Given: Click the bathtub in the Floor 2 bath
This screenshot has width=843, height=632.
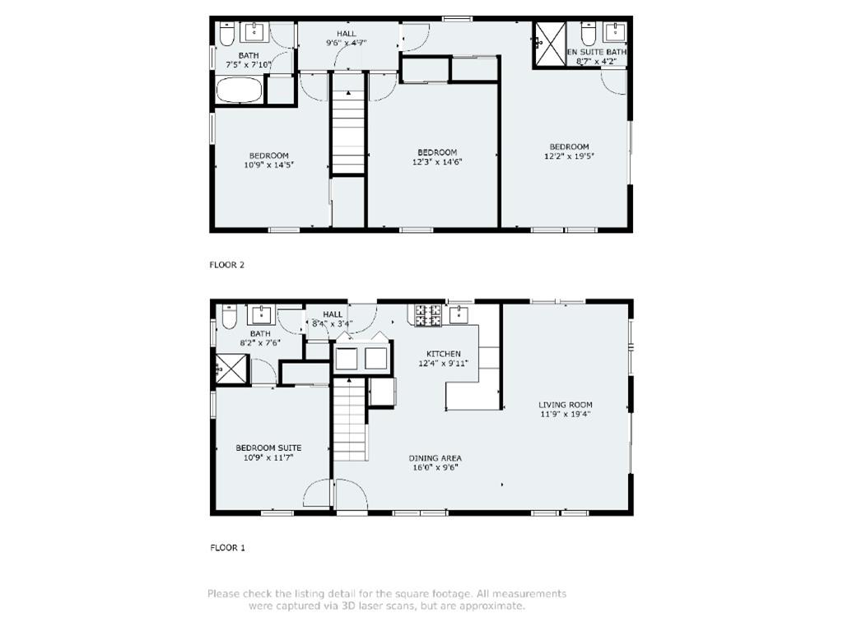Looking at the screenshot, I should click(x=240, y=90).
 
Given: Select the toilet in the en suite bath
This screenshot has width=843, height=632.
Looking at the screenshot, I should click(x=588, y=34).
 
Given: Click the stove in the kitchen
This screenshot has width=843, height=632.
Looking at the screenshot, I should click(x=427, y=314).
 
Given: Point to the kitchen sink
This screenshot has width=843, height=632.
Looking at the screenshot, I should click(x=460, y=314).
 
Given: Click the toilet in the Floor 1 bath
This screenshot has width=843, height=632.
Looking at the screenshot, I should click(x=229, y=315).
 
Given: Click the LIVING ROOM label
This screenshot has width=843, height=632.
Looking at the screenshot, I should click(x=566, y=405).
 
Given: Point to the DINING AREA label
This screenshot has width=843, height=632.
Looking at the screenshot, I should click(x=435, y=458).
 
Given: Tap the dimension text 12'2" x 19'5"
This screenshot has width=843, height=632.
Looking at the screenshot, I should click(x=569, y=156).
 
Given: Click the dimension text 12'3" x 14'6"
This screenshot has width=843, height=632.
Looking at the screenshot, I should click(x=437, y=162).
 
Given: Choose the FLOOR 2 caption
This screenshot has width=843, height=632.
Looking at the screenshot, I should click(x=227, y=265).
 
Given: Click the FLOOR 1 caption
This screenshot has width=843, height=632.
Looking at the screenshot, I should click(x=227, y=547).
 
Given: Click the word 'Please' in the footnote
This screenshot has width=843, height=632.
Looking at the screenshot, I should click(x=224, y=593).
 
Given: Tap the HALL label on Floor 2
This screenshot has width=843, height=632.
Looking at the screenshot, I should click(x=346, y=34).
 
